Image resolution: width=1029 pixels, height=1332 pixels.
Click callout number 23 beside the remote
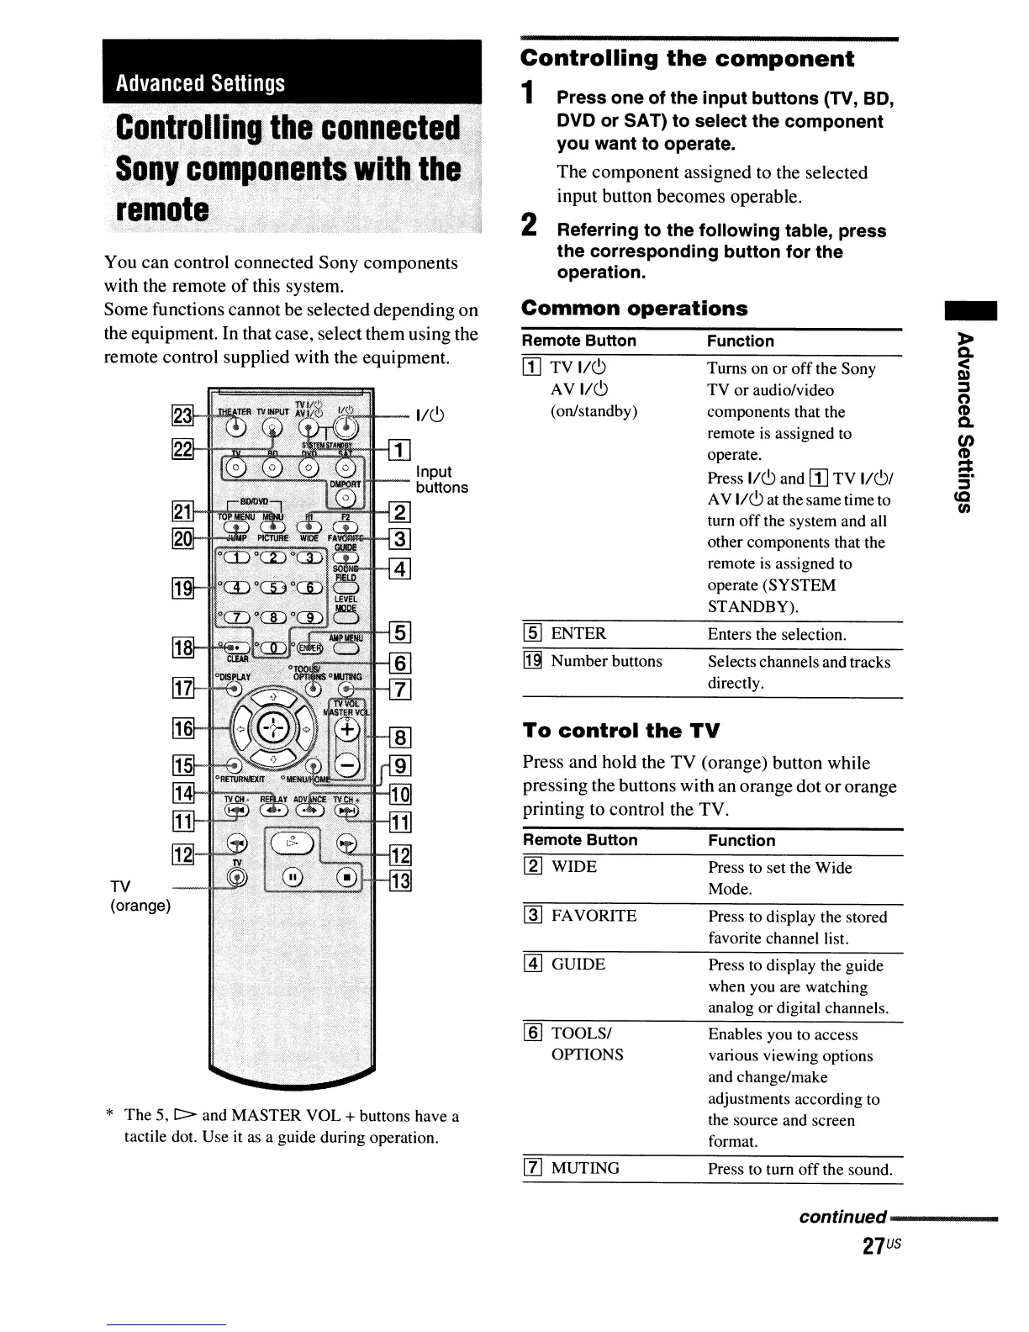coord(182,416)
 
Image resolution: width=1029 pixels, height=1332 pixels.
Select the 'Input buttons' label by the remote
coord(441,479)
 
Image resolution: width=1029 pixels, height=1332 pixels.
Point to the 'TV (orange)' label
coord(140,896)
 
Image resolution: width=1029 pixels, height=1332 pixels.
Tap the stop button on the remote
coord(346,878)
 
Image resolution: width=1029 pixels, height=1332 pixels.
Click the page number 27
coord(874,1246)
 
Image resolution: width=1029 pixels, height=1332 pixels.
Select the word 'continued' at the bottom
coord(842,1217)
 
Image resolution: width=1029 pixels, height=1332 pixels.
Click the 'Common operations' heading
coord(634,309)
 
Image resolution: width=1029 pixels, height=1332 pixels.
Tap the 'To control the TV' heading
coord(621,730)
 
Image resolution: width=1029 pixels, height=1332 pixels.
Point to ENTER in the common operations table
coord(578,634)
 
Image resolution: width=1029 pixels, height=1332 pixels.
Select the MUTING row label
coord(585,1168)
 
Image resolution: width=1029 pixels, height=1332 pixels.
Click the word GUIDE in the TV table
coord(578,965)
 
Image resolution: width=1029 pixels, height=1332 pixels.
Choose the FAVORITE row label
coord(594,916)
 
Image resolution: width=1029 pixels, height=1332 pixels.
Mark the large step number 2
coord(529,225)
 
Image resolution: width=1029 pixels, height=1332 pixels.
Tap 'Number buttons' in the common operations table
coord(606,662)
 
